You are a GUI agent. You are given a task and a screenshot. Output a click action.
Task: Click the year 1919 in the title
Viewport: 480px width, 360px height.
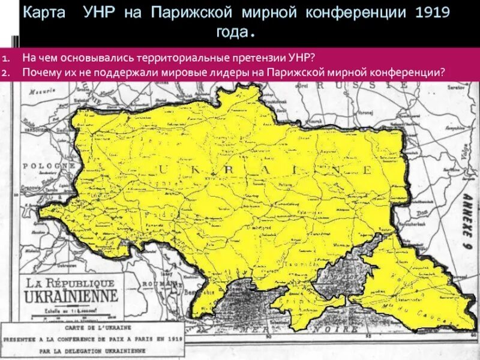pyautogui.click(x=428, y=13)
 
